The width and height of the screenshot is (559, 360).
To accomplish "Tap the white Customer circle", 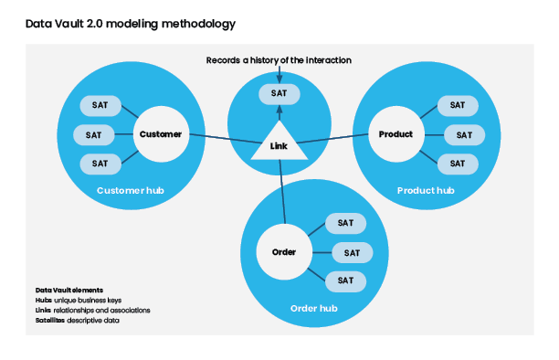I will coord(161,134).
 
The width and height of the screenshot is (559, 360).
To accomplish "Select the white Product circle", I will coord(396,134).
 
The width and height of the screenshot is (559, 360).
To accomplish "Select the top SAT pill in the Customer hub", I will coord(99,105).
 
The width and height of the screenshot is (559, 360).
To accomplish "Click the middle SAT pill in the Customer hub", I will coord(93,134).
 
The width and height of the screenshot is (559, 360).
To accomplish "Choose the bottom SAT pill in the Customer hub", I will coord(99,164).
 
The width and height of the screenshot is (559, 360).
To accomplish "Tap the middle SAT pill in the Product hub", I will coord(463,134).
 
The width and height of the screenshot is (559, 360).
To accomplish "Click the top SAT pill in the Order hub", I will coord(345,223).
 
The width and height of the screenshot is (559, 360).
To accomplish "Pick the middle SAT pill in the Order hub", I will coord(352,252).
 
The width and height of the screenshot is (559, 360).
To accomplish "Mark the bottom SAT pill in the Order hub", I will coord(345,281).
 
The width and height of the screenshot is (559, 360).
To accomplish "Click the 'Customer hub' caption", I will coord(126,191).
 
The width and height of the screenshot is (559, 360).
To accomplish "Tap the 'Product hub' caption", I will coord(426,191).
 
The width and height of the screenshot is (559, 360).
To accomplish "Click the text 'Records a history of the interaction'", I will coord(279,60).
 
